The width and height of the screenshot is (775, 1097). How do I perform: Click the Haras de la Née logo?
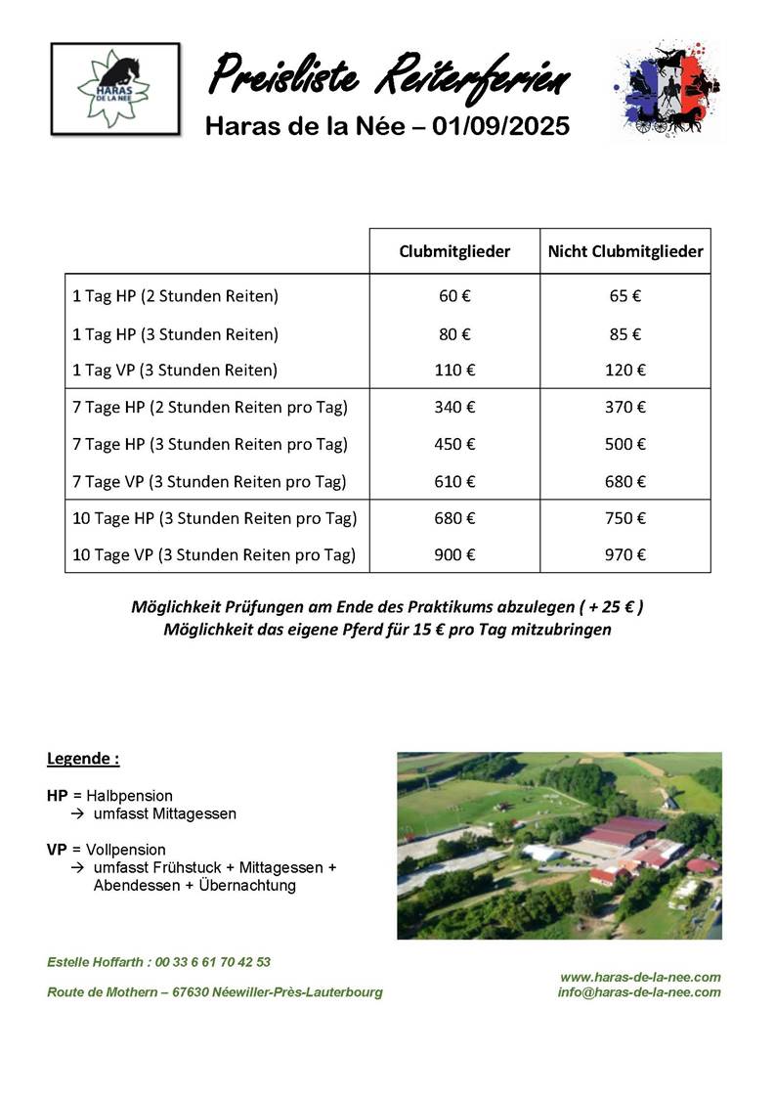tap(115, 88)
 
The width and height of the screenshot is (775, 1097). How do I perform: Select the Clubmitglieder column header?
tap(454, 251)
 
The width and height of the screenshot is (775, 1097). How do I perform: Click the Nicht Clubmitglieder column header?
tap(625, 251)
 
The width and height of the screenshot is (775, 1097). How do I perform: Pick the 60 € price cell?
tap(454, 296)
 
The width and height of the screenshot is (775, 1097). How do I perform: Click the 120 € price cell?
tap(625, 371)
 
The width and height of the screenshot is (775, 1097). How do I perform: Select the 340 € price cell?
tap(454, 408)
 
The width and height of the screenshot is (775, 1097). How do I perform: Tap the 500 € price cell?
tap(625, 445)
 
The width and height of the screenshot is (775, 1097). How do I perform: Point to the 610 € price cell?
tap(454, 482)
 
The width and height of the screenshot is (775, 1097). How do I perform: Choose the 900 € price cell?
tap(454, 555)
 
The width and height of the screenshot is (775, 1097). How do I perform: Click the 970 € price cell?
tap(625, 555)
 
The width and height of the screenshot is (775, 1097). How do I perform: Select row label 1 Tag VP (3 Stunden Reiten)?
tap(175, 371)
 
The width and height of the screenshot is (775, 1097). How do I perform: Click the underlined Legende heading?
tap(83, 759)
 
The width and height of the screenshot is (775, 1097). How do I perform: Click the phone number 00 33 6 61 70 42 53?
tap(209, 962)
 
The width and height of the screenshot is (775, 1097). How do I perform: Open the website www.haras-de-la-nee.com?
tap(640, 977)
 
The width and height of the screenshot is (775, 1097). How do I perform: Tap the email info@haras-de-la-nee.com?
tap(639, 992)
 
